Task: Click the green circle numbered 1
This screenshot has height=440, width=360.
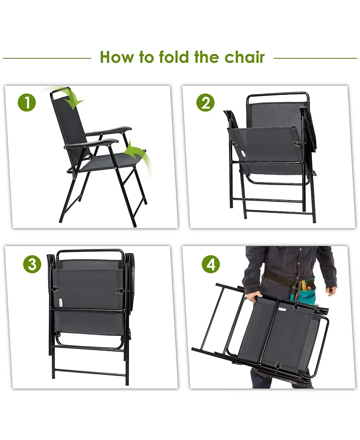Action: pyautogui.click(x=27, y=103)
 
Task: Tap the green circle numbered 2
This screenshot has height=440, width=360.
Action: pyautogui.click(x=205, y=103)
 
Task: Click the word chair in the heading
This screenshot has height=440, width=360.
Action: pyautogui.click(x=242, y=57)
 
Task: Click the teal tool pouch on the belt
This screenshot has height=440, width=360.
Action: pyautogui.click(x=305, y=295)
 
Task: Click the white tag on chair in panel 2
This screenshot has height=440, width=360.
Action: pyautogui.click(x=243, y=153)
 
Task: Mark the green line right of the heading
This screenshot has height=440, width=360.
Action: pyautogui.click(x=315, y=58)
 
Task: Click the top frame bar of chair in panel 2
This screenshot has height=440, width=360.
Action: pyautogui.click(x=277, y=94)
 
